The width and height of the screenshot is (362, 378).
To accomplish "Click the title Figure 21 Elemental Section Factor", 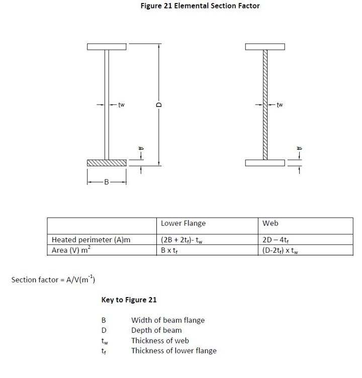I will pos(200,6).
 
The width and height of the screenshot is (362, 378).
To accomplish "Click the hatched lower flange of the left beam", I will pos(106,163).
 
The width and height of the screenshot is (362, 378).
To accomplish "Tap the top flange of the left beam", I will pos(106,47).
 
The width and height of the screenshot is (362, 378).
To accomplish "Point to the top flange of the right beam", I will pos(265,47).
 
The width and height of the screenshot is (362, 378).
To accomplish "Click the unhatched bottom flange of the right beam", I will pos(265,163).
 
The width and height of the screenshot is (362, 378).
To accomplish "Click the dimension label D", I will pos(159,105).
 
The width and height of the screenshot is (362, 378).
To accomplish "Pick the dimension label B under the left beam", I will pos(106,182).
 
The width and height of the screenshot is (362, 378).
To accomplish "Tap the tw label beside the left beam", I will pos(121,105).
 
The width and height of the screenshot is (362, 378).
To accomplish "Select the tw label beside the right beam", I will pos(280,105).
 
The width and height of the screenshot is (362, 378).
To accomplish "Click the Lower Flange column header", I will pos(183,223).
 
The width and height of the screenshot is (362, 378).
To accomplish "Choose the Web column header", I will pos(270,223).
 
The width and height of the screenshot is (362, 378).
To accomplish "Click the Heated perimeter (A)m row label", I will pos(91,240).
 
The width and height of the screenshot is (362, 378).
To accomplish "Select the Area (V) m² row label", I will pos(71,250).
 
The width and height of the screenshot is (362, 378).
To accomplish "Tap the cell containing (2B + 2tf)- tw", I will pos(182,240).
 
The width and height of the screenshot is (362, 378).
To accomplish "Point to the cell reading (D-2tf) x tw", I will pos(280,250).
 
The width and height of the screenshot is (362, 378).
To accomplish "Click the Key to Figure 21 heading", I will pos(129,300).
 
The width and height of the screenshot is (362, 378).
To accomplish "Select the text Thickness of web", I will pos(160,340).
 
